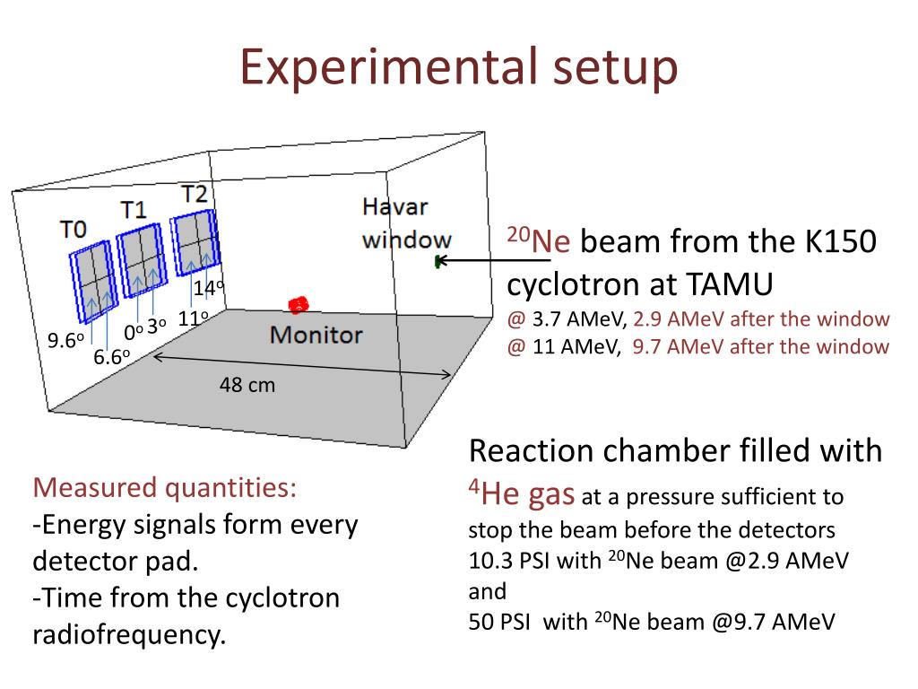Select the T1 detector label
(134, 210)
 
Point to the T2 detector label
(194, 193)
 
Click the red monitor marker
(299, 305)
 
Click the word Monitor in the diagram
(316, 336)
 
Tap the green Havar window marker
(437, 262)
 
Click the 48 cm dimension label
(247, 386)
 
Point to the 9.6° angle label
(66, 341)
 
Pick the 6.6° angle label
(112, 357)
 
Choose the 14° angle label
(208, 289)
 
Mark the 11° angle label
(193, 318)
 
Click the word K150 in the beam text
(836, 241)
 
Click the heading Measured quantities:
(164, 488)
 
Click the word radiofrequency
(128, 634)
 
